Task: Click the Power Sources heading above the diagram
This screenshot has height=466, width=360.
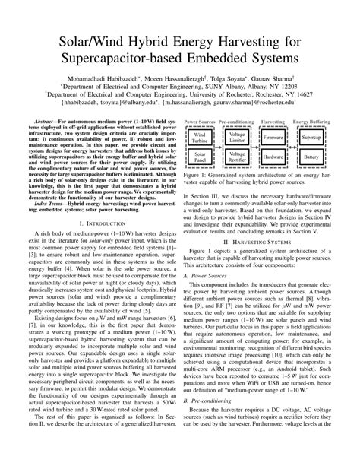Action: point(199,121)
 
